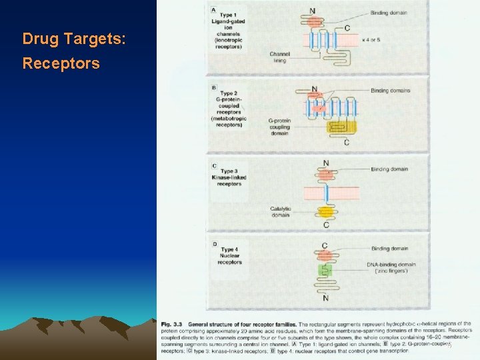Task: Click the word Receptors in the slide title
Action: [x=61, y=64]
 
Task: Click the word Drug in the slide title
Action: [x=37, y=39]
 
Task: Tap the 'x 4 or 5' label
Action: [x=371, y=40]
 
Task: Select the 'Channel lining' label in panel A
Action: [x=279, y=57]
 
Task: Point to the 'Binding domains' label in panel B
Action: [x=391, y=90]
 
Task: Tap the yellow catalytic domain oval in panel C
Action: [x=325, y=213]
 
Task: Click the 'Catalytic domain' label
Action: [x=280, y=212]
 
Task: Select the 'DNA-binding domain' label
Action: [x=391, y=268]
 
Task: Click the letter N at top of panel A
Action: [x=313, y=11]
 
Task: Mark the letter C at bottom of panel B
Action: [x=346, y=143]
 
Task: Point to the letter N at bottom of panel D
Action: [x=325, y=299]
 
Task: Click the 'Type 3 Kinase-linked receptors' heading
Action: [x=229, y=177]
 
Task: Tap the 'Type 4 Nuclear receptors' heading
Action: [x=229, y=255]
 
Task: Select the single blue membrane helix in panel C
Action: [x=326, y=194]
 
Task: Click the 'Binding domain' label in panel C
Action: [x=389, y=169]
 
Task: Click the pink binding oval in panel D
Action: [x=325, y=254]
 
